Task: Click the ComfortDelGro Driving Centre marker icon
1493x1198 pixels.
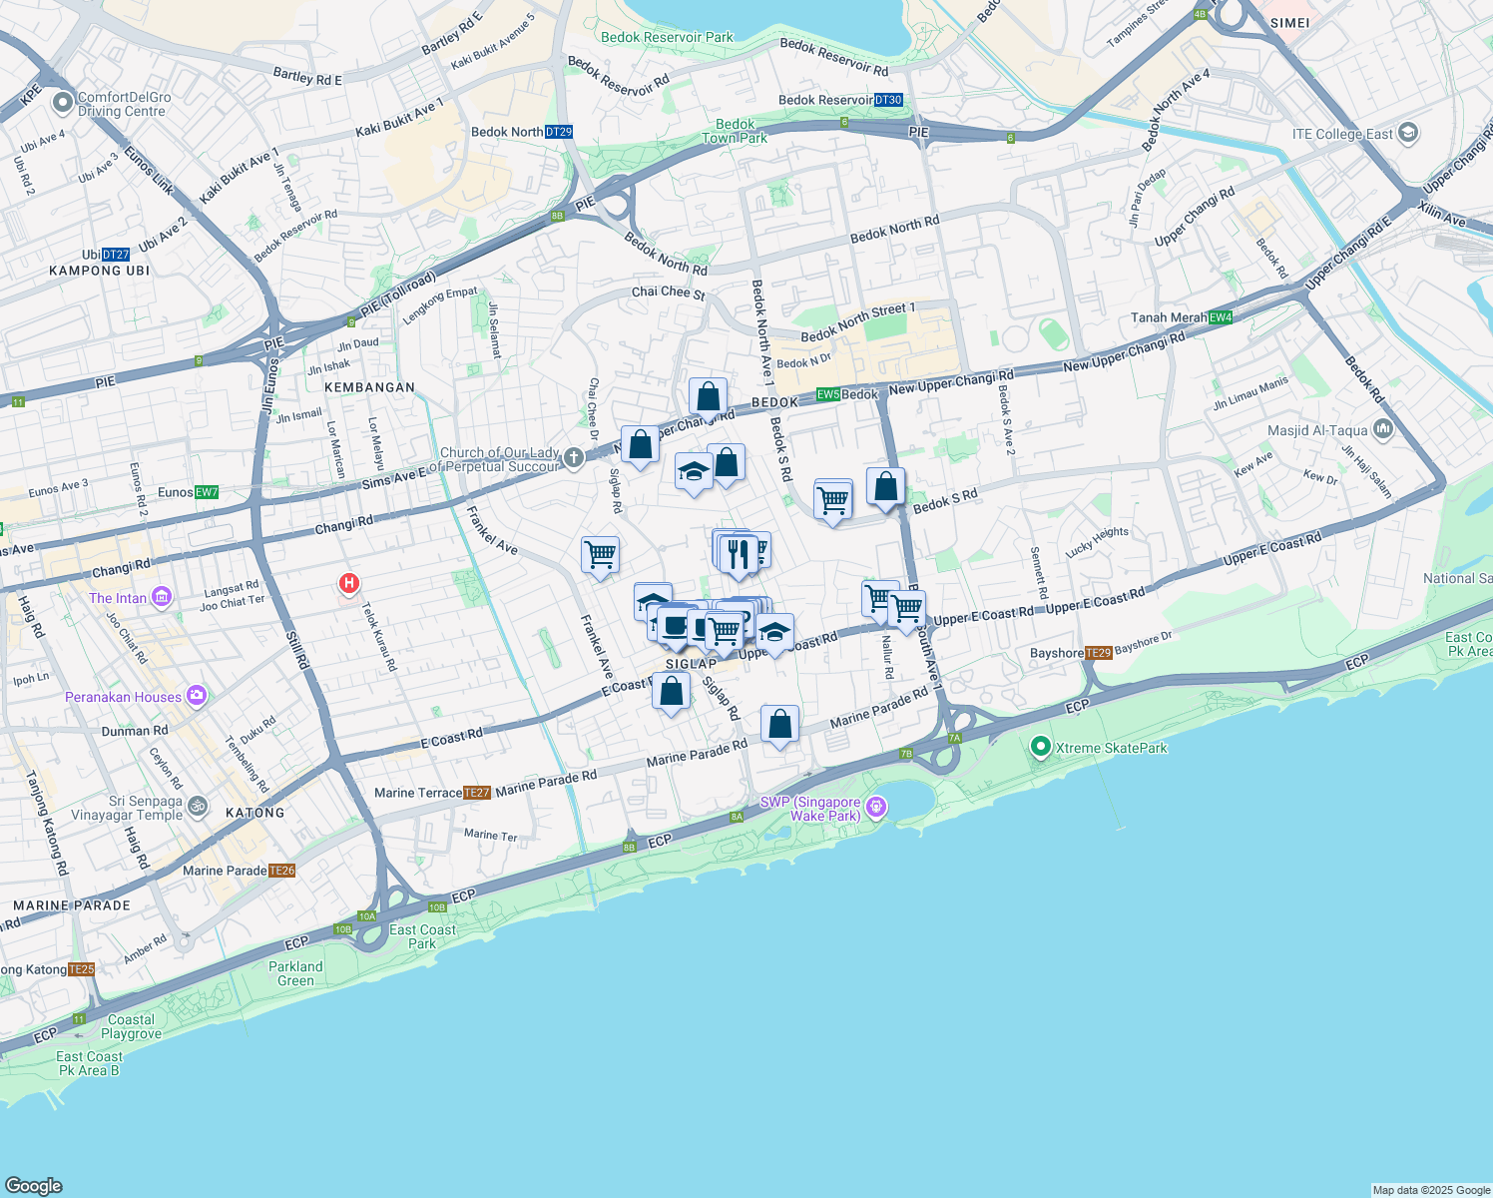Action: (x=63, y=102)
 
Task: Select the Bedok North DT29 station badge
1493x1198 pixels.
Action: (x=559, y=132)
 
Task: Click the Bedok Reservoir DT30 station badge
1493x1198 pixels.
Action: (x=888, y=100)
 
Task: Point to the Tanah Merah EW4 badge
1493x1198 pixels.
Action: (x=1221, y=317)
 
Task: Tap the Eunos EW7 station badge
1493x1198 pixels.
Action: (x=207, y=492)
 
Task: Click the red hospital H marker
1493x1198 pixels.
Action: (x=349, y=583)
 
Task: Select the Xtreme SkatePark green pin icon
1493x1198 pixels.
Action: (x=1040, y=747)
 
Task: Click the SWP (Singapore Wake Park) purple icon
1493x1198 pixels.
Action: (x=876, y=807)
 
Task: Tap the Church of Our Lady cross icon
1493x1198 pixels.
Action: (x=573, y=458)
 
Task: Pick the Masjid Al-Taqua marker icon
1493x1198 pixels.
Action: (x=1382, y=430)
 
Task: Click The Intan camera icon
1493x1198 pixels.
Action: (x=162, y=597)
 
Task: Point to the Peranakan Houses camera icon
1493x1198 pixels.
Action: (x=197, y=696)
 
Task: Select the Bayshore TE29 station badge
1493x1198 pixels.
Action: (x=1098, y=653)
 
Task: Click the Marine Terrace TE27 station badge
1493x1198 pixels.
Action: (x=477, y=793)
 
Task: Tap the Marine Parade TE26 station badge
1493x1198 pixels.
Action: (x=282, y=871)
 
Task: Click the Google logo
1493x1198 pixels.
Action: (x=33, y=1185)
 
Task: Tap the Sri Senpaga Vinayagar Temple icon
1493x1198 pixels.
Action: (x=198, y=806)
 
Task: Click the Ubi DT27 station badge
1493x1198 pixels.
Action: (x=116, y=255)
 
